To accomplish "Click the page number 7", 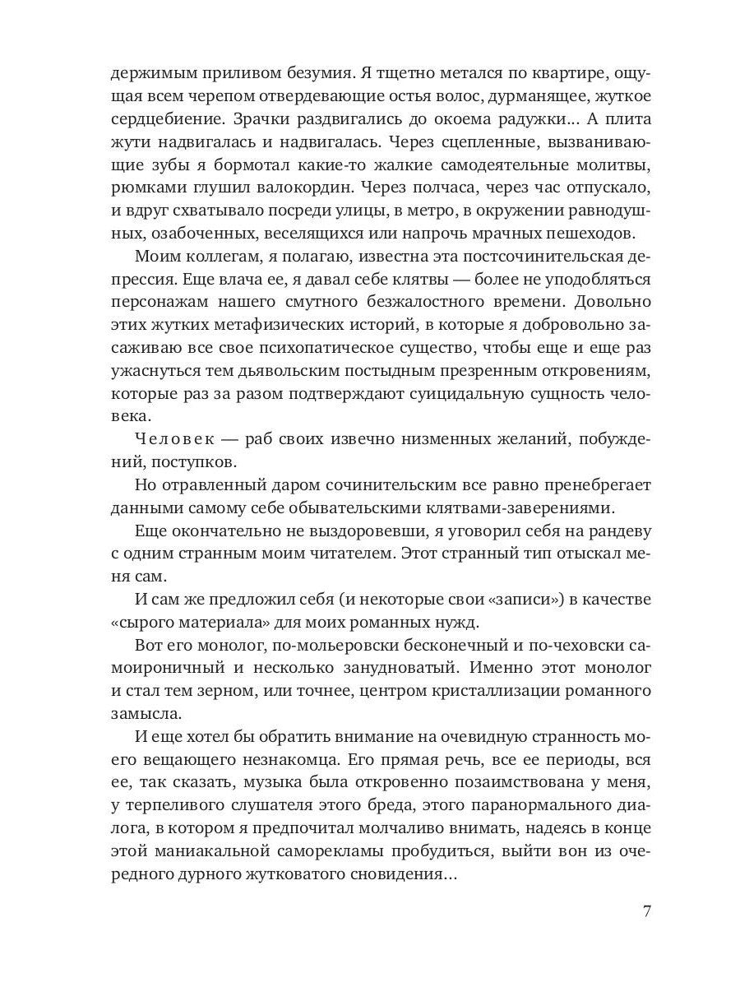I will [646, 911].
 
